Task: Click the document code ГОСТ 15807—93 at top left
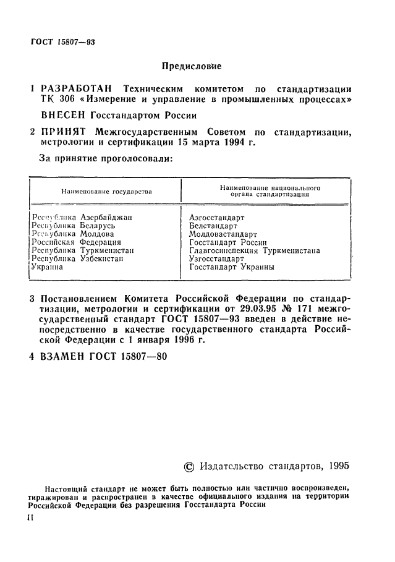pos(62,42)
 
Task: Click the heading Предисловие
pos(191,66)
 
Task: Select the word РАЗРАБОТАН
pos(79,89)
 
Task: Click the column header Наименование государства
pos(106,192)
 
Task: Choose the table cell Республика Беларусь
pos(73,226)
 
